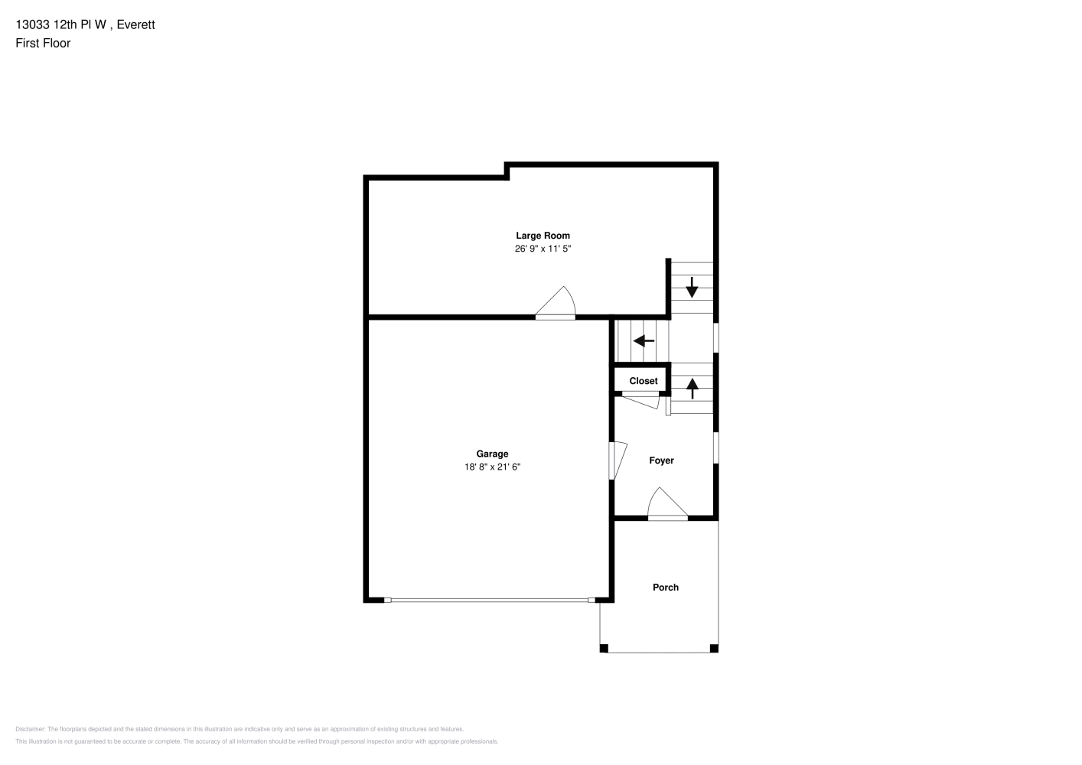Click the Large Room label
543,236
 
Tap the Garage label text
492,454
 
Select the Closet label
644,381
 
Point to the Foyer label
661,461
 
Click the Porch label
666,588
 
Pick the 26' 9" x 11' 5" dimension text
543,249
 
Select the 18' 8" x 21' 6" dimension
492,467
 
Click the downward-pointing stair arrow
693,288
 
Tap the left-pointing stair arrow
644,341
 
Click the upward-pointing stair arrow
693,389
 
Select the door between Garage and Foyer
618,461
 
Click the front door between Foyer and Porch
667,503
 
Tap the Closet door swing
640,402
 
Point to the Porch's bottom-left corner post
604,649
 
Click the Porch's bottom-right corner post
714,649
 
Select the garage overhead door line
490,601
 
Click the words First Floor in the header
43,43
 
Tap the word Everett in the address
135,24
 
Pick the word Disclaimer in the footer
30,729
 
